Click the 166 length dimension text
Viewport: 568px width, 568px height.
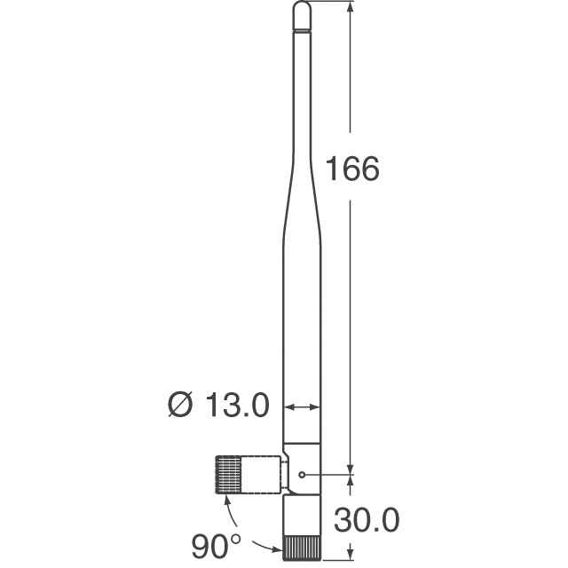tap(352, 169)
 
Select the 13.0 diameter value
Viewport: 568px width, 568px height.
tap(236, 406)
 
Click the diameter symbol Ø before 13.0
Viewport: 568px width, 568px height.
tap(178, 406)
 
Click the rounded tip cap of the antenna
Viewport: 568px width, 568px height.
tap(302, 13)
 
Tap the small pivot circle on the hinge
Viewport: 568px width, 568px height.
tap(303, 474)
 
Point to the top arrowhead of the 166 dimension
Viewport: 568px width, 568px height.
tap(351, 8)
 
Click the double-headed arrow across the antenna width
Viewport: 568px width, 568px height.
tap(302, 407)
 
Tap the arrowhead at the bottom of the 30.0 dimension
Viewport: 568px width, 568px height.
tap(351, 556)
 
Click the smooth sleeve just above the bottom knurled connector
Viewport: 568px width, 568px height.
tap(302, 515)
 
